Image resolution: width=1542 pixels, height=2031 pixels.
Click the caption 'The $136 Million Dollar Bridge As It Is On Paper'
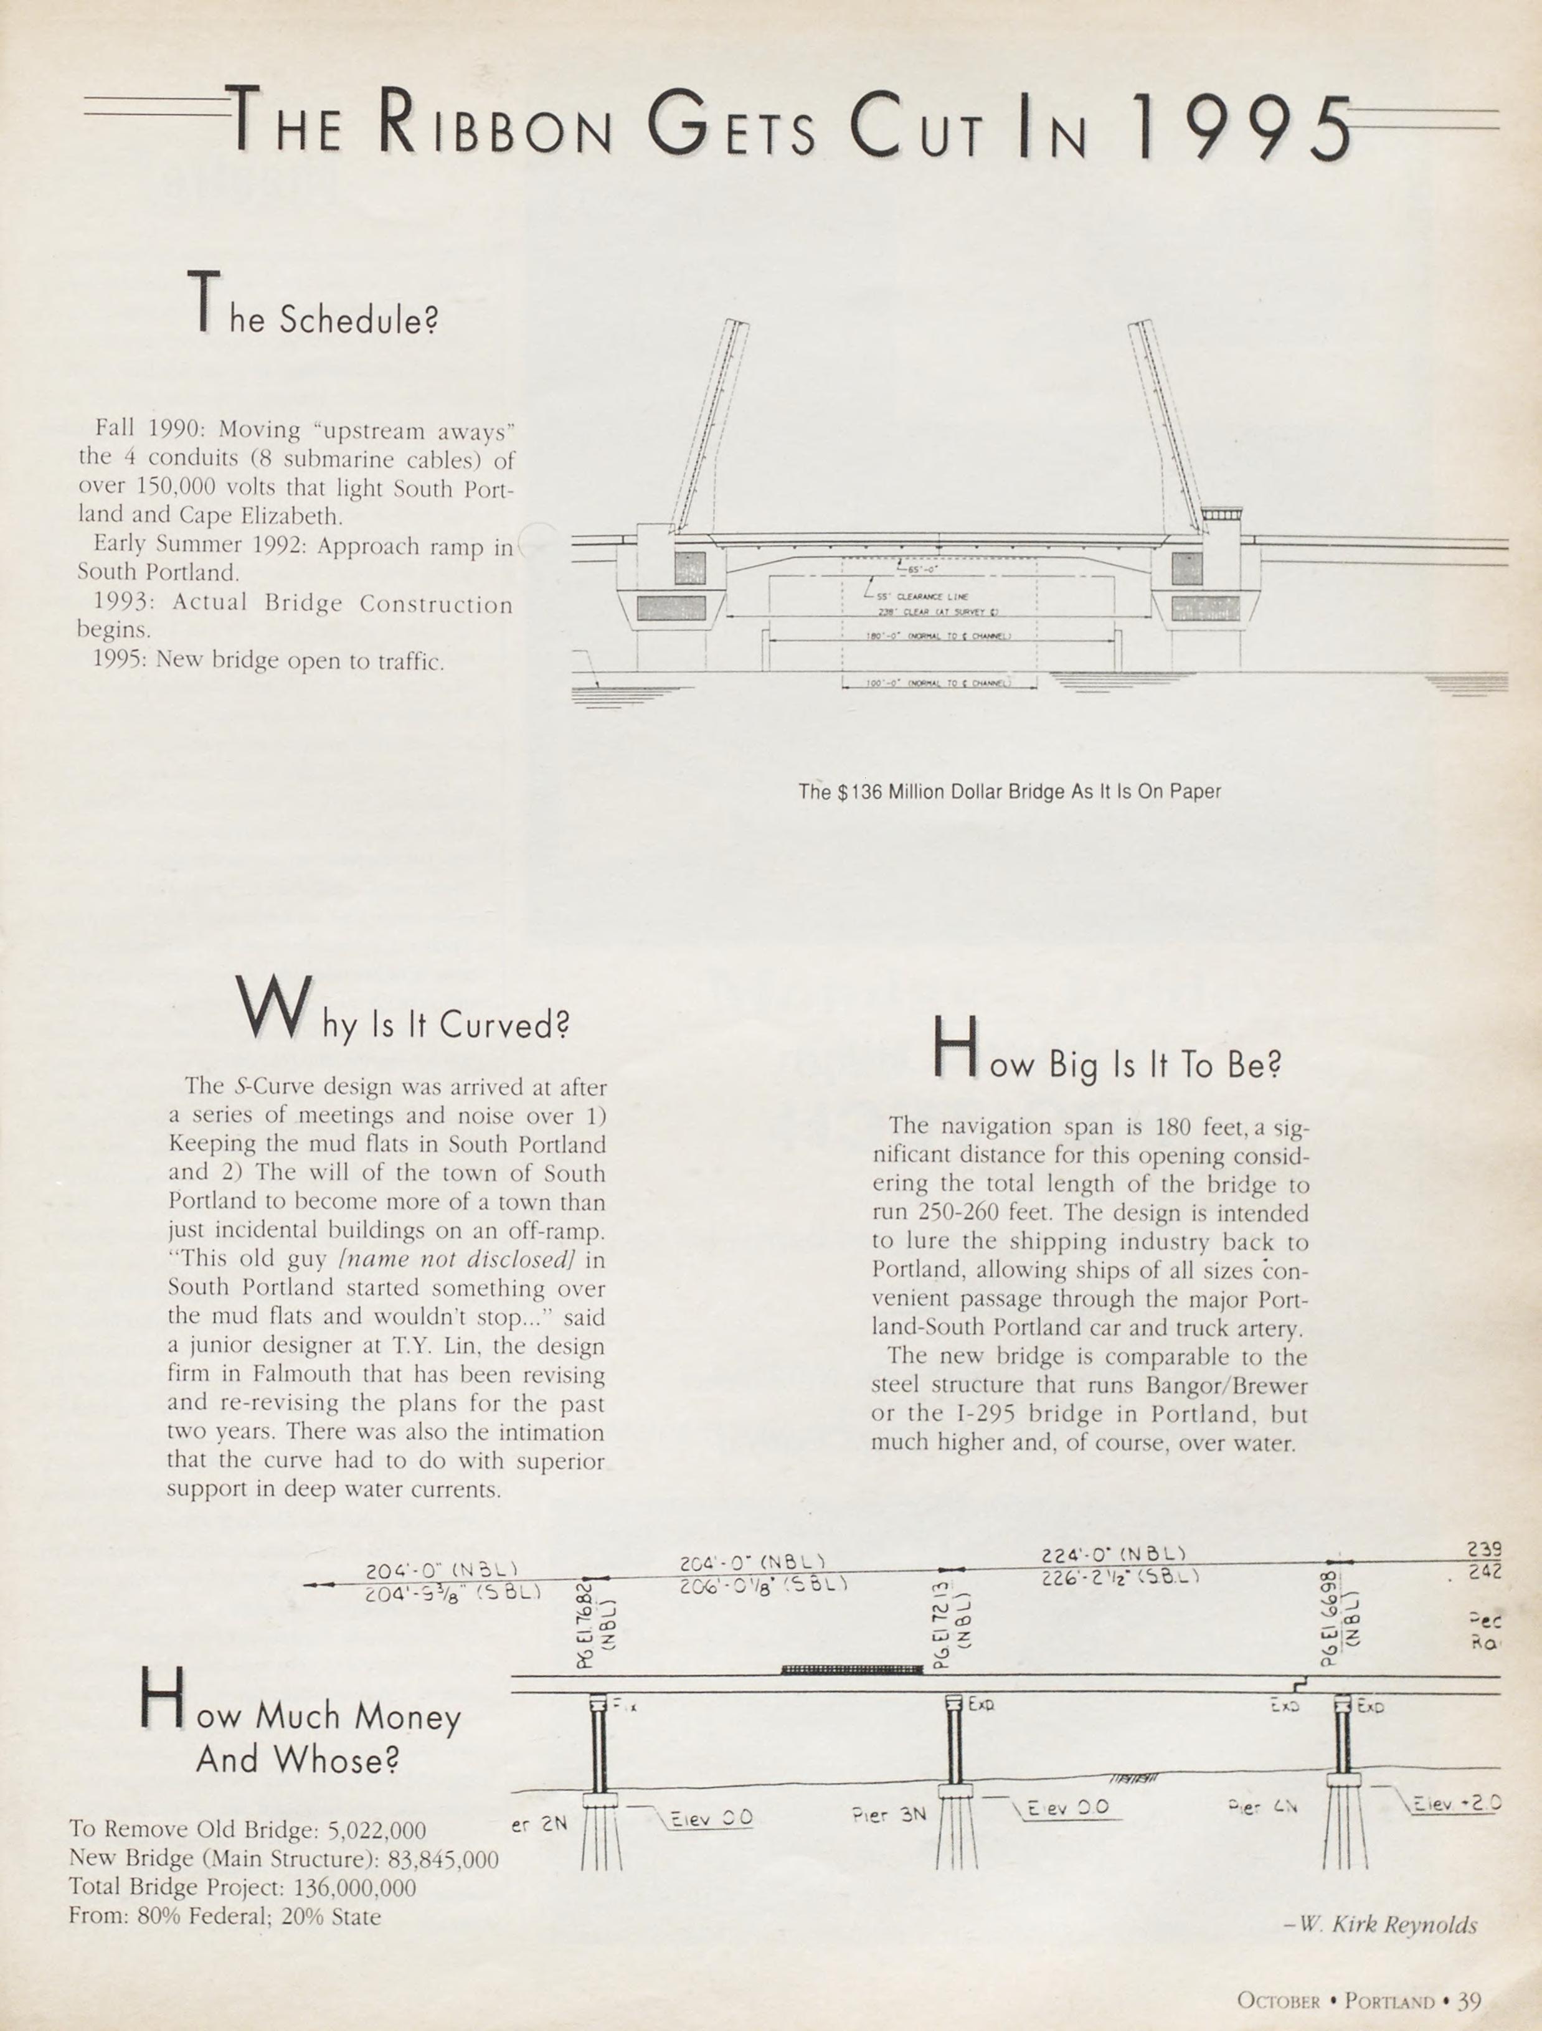[x=1010, y=791]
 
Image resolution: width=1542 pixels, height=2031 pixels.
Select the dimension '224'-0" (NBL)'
[x=1113, y=1555]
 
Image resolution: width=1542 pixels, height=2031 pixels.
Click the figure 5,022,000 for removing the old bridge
[x=377, y=1831]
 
